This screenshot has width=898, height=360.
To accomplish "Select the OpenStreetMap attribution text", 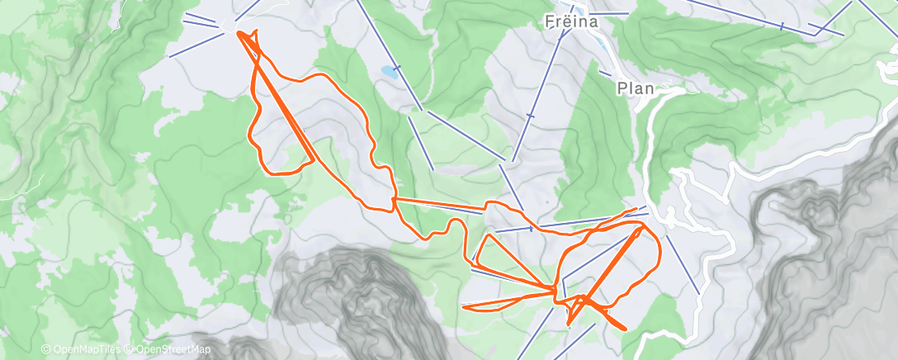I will point(165,350).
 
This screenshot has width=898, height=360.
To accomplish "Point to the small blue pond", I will point(387,72).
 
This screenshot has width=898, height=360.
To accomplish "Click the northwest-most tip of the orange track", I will point(239,32).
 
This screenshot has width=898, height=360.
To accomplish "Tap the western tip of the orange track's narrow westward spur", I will point(463,307).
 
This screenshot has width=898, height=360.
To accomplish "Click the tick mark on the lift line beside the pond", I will point(397,67).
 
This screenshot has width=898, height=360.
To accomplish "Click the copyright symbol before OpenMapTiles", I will point(46,350).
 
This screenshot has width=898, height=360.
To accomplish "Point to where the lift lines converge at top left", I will point(226,26).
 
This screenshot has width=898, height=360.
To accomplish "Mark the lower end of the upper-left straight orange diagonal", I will point(313,160).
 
